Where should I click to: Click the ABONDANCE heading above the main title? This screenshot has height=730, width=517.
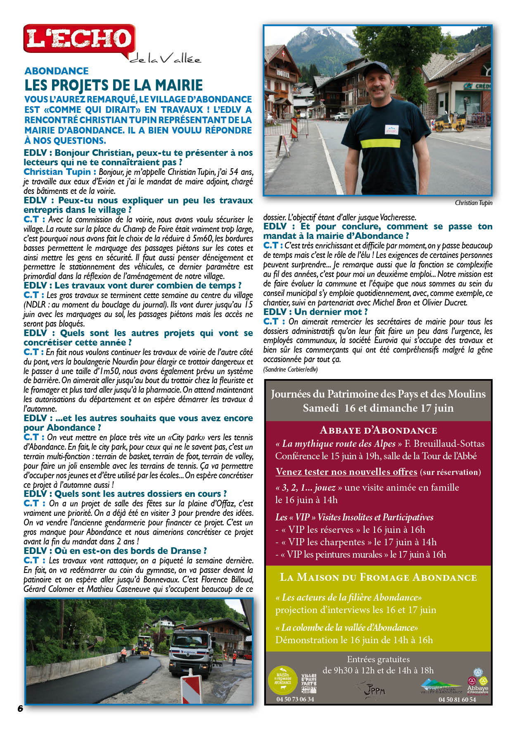pyautogui.click(x=57, y=71)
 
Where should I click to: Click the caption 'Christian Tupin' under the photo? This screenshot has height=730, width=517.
pyautogui.click(x=473, y=203)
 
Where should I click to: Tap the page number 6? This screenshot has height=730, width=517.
pyautogui.click(x=20, y=708)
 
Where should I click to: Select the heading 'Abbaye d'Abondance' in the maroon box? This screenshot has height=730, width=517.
pyautogui.click(x=378, y=430)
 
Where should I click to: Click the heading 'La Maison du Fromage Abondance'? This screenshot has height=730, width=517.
pyautogui.click(x=378, y=577)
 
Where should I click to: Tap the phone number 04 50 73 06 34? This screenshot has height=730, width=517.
pyautogui.click(x=295, y=699)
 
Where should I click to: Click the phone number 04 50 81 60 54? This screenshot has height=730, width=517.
pyautogui.click(x=457, y=700)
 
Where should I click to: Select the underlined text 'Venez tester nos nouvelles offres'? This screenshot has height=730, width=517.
pyautogui.click(x=346, y=472)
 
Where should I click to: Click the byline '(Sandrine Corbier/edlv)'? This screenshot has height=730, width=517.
pyautogui.click(x=290, y=369)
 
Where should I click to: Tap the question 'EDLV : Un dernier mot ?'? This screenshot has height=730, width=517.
pyautogui.click(x=315, y=312)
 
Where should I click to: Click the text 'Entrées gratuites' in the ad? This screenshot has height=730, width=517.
pyautogui.click(x=378, y=659)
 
